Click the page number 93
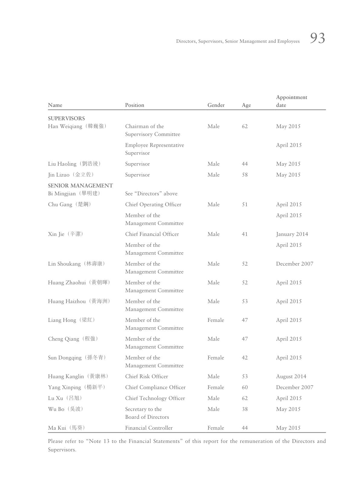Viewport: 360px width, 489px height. click(x=317, y=38)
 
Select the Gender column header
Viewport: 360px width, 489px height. click(x=216, y=105)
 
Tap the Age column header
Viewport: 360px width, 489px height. click(x=246, y=105)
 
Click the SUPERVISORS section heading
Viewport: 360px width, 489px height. click(x=66, y=118)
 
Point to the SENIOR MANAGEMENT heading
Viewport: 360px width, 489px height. click(x=80, y=186)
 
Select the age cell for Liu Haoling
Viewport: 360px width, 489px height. click(x=245, y=164)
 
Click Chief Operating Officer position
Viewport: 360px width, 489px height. click(x=153, y=204)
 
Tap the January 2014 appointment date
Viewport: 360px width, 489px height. click(x=292, y=234)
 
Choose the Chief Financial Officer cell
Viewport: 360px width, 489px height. click(x=152, y=234)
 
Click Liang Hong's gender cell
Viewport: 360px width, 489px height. click(x=216, y=320)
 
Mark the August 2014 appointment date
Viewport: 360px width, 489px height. click(x=291, y=376)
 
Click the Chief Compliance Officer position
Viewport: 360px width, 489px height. click(x=155, y=387)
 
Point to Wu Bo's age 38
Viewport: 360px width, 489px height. click(x=245, y=409)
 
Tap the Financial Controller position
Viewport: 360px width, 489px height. click(x=149, y=428)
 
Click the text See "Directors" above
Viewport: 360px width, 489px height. click(x=151, y=193)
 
